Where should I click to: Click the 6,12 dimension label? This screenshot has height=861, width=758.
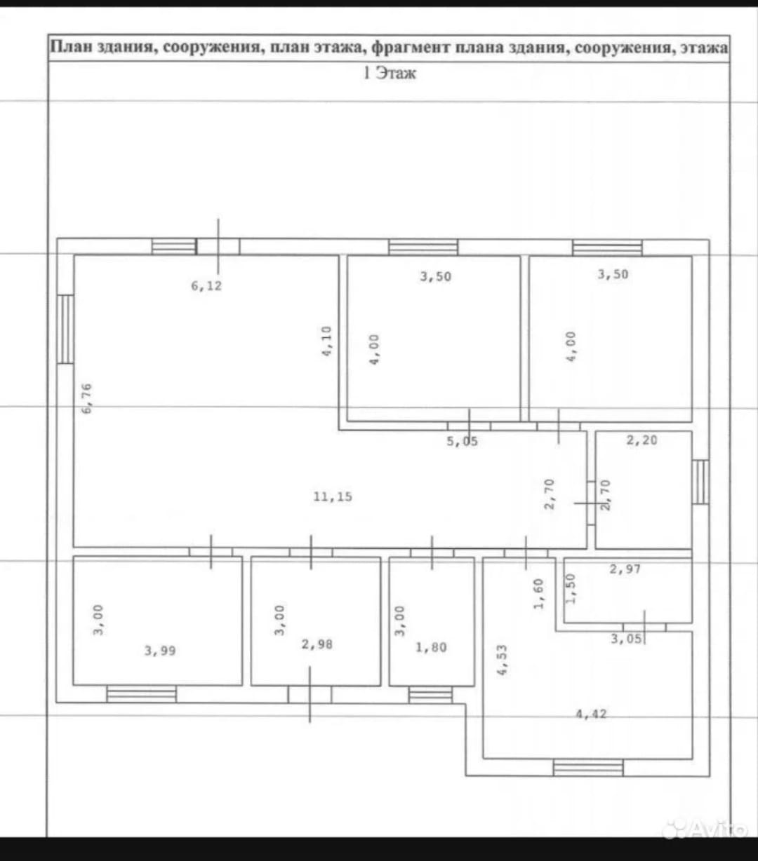[206, 286]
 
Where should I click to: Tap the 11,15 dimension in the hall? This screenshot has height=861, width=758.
[333, 496]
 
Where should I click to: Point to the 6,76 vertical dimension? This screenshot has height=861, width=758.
[87, 398]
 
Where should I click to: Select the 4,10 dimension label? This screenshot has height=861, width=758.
[326, 341]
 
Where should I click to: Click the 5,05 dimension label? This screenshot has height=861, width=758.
[462, 441]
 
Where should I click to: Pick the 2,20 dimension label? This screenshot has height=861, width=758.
[641, 440]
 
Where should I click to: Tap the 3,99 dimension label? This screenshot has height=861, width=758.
[160, 650]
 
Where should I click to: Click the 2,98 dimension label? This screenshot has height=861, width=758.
[317, 644]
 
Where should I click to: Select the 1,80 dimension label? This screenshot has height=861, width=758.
[431, 647]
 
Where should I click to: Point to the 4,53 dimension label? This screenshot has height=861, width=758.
[503, 660]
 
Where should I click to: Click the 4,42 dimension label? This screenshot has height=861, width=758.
[591, 714]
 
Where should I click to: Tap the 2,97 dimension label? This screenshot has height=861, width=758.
[625, 569]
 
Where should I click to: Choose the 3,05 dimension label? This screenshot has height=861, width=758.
[626, 638]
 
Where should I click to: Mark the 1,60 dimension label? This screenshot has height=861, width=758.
[538, 594]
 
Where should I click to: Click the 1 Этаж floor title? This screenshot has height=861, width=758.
[390, 73]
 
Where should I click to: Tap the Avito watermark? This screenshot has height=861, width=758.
[705, 829]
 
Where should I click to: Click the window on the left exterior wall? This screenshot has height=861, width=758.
[65, 330]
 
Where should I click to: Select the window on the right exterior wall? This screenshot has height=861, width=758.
[700, 482]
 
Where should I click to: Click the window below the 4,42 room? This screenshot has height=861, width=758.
[588, 768]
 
